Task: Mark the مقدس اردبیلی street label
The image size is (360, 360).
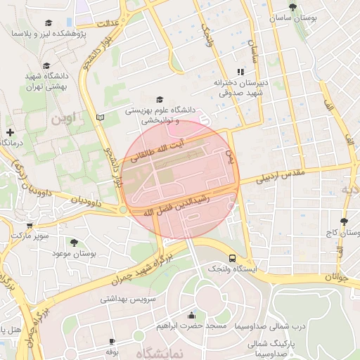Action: pos(281,177)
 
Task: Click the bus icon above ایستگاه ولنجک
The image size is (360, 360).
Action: pos(232,257)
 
